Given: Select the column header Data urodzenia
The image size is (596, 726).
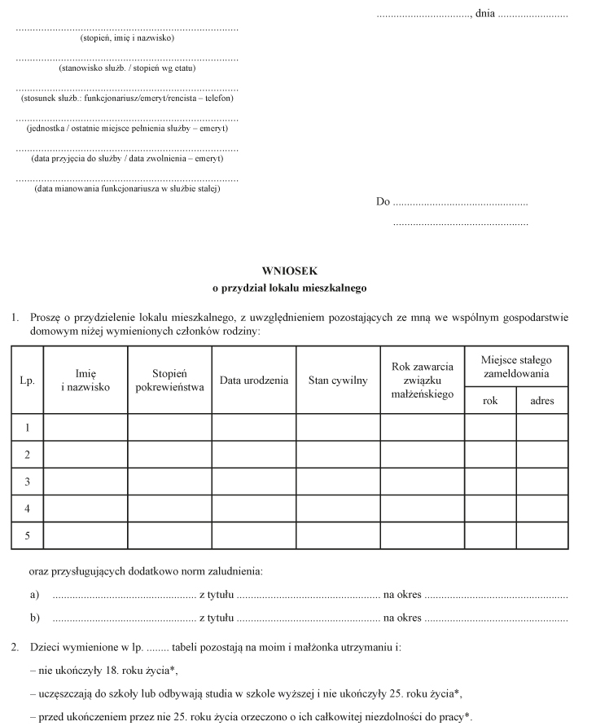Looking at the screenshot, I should (x=254, y=381).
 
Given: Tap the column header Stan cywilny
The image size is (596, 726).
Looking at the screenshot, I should (x=338, y=381).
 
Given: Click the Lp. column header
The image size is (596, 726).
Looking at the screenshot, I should (x=27, y=381).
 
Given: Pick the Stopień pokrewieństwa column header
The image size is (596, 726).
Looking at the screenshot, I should (x=169, y=381).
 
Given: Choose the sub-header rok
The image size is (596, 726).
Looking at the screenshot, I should (x=490, y=401).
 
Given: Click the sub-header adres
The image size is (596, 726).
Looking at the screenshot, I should (x=542, y=401).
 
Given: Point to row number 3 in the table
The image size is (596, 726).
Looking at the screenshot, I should (x=27, y=482).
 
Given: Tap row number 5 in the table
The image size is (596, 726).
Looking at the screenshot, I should (x=27, y=535).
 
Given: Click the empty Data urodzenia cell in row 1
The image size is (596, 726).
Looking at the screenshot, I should (x=254, y=427).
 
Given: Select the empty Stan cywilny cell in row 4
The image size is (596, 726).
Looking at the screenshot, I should (x=338, y=508).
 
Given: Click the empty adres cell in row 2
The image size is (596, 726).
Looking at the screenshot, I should (x=542, y=454).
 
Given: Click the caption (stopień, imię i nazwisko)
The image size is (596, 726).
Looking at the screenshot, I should (x=127, y=38).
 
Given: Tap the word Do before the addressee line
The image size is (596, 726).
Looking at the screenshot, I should (x=383, y=202).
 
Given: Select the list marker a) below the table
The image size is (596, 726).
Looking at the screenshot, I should (x=34, y=596).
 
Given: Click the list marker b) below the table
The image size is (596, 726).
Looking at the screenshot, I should (x=34, y=618).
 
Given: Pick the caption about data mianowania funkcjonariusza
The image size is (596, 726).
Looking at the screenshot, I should (x=127, y=189).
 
